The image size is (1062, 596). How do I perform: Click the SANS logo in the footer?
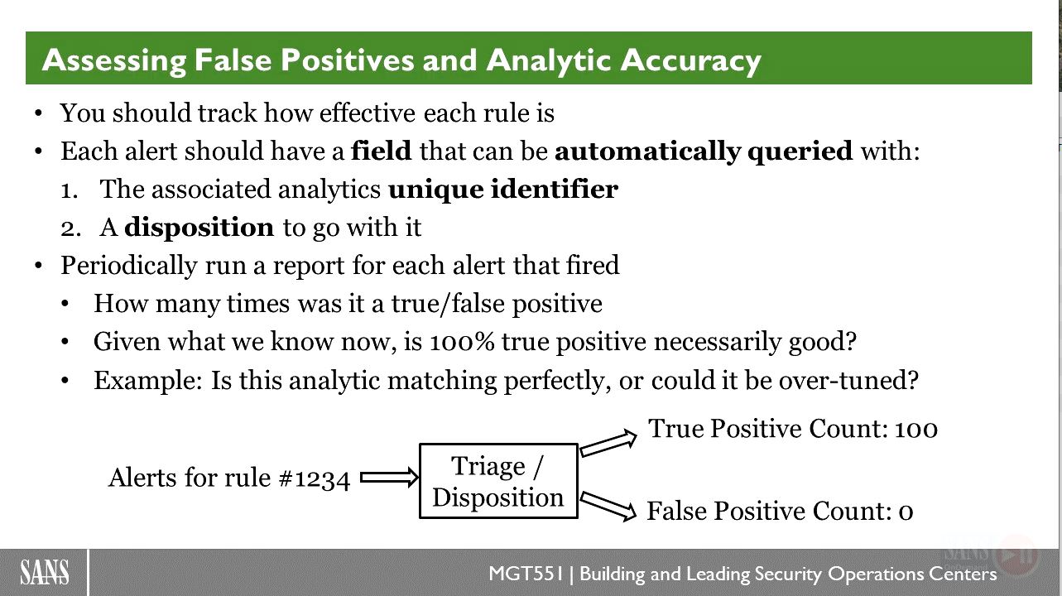(44, 572)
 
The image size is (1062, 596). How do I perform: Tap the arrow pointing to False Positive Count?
(608, 507)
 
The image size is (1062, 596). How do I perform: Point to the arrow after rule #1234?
(389, 477)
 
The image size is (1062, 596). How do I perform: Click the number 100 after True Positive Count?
(916, 429)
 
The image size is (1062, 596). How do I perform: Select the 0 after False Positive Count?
(906, 512)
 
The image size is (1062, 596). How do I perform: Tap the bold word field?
(382, 151)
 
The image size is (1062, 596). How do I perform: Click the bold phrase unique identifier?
(503, 190)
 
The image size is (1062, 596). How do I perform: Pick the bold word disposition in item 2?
(199, 228)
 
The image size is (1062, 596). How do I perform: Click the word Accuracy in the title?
(690, 61)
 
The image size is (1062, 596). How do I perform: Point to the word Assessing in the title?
(113, 61)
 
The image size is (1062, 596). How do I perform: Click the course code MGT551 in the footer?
(526, 574)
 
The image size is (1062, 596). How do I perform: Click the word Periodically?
(128, 266)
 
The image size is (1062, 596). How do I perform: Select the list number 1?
(70, 191)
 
